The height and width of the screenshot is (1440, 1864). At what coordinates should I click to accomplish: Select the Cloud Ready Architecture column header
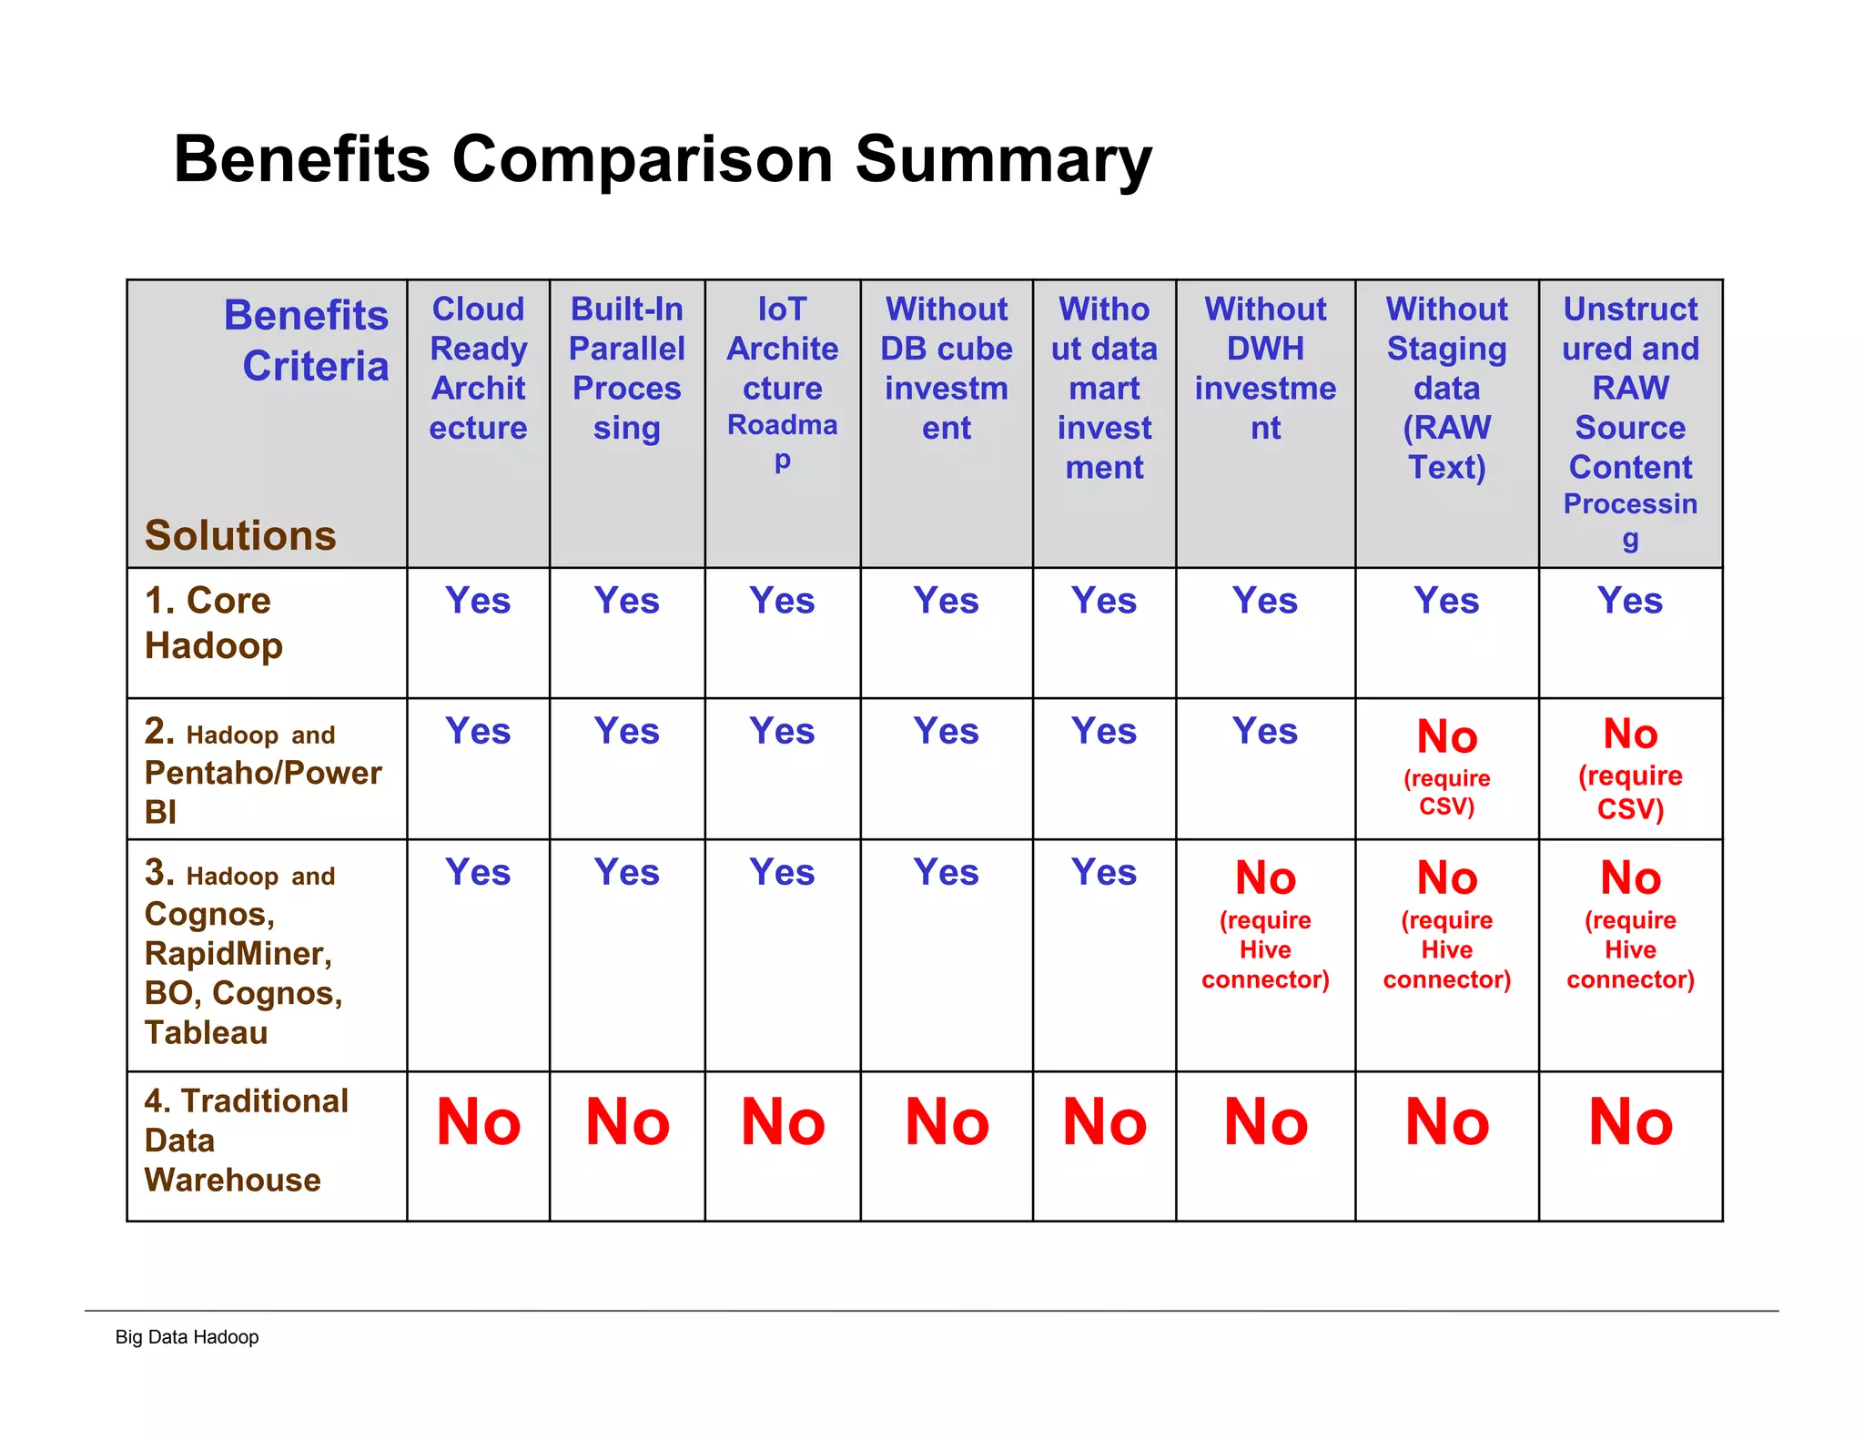click(478, 368)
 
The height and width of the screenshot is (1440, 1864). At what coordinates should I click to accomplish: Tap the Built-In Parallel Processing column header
click(626, 368)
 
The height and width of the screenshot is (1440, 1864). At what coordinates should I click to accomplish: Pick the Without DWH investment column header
click(1265, 368)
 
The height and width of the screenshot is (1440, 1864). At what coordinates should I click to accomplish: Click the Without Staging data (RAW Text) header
click(1446, 388)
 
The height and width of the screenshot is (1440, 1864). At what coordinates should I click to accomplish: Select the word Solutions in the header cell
click(240, 535)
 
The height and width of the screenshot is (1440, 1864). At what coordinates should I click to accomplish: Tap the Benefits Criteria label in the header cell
click(308, 340)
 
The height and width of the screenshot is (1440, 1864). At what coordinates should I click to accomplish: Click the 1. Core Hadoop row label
click(214, 623)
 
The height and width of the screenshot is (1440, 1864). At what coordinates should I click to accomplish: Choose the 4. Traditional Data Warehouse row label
click(246, 1141)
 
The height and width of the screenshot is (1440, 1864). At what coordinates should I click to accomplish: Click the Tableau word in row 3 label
click(207, 1033)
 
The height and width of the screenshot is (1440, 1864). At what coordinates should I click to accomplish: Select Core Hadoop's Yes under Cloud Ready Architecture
click(478, 601)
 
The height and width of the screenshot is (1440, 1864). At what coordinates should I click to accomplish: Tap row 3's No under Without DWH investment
click(1265, 879)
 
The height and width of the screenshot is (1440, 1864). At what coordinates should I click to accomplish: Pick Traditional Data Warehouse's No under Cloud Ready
click(478, 1122)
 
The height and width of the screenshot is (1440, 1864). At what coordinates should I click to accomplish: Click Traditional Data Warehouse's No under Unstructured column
click(1630, 1122)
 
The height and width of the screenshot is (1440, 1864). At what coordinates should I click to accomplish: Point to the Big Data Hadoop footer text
click(187, 1337)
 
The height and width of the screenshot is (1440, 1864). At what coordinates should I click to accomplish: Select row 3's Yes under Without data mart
click(1104, 873)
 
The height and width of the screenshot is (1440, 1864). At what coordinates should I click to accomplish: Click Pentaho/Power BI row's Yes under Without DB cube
click(946, 732)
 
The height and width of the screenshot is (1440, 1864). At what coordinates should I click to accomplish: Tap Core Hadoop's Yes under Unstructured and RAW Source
click(1630, 601)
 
